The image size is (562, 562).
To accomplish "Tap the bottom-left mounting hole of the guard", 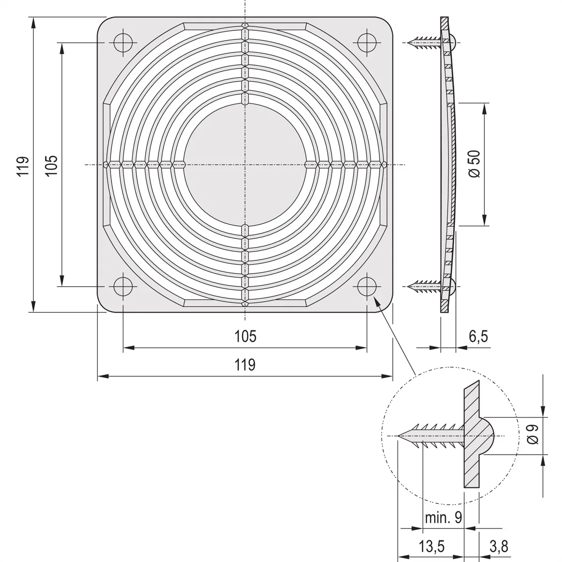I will point(123,286).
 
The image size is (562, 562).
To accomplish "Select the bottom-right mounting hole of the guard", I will point(367,286).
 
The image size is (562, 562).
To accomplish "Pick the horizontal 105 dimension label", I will point(245,336).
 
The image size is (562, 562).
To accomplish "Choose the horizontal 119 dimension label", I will point(245,364).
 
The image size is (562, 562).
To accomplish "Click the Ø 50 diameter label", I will point(474,164).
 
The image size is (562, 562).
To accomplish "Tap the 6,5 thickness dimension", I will point(478,336).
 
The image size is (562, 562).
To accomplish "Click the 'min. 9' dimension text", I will point(443,518).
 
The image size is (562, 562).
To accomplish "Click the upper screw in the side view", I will point(424,43).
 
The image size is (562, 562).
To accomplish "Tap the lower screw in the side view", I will point(424,284).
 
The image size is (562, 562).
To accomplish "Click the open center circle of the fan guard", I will point(245,165).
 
